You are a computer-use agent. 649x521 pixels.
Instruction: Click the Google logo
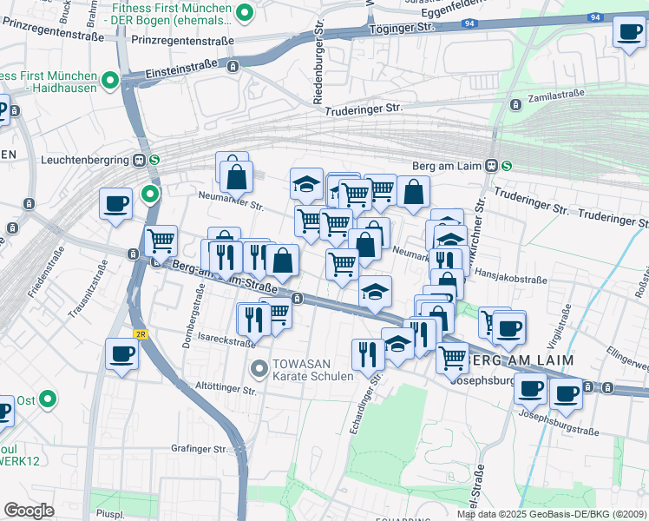[29, 511]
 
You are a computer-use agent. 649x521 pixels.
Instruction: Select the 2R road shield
[140, 333]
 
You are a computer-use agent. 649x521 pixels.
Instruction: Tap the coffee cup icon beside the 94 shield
[628, 34]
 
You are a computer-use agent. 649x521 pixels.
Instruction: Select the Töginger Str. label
[404, 29]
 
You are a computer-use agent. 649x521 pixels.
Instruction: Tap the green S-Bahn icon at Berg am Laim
[505, 165]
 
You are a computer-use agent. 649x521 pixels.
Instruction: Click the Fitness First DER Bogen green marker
[245, 12]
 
